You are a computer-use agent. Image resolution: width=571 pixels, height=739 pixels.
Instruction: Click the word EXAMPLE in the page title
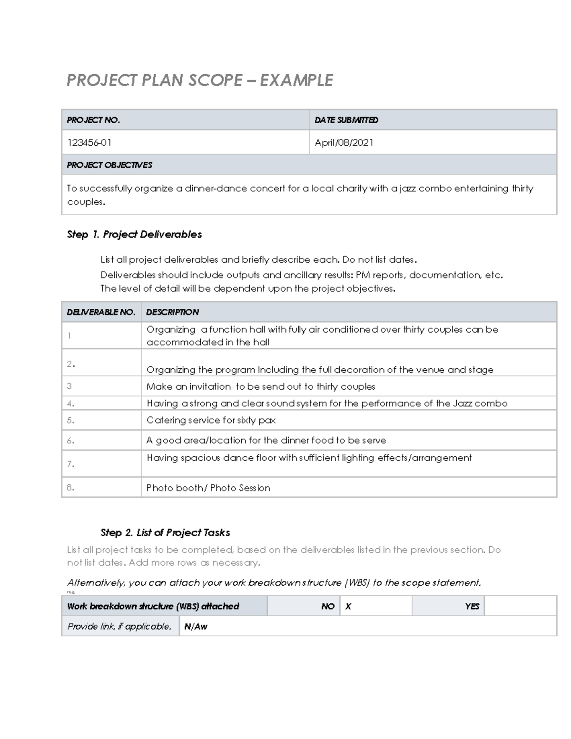[x=296, y=80]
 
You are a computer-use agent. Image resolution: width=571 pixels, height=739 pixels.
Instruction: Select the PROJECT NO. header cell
[x=93, y=120]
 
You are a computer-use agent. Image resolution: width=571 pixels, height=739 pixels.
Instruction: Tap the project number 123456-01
[x=89, y=143]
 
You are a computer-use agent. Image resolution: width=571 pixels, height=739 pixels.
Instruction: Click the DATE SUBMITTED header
[x=346, y=120]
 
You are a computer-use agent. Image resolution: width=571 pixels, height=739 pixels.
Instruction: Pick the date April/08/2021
[x=344, y=143]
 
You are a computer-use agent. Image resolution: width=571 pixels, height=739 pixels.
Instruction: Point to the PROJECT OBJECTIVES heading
[x=109, y=165]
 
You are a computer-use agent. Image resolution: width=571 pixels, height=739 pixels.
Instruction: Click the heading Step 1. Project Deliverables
[x=134, y=235]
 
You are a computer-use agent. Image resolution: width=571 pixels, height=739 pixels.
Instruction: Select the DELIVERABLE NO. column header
[x=101, y=312]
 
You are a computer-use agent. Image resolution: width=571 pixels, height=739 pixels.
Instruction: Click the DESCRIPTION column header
[x=172, y=312]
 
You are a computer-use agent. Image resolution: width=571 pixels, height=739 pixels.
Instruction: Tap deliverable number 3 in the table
[x=69, y=386]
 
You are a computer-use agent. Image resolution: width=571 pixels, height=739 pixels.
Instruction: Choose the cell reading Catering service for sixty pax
[x=211, y=420]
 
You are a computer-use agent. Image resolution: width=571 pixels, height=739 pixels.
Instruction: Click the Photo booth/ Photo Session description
[x=208, y=488]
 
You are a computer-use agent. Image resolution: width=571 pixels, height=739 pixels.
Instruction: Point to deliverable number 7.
[x=70, y=464]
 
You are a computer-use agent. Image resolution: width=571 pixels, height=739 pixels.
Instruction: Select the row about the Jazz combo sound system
[x=326, y=404]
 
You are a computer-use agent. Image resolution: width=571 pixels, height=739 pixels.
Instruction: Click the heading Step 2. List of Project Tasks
[x=165, y=532]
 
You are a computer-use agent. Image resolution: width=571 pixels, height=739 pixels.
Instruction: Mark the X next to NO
[x=348, y=607]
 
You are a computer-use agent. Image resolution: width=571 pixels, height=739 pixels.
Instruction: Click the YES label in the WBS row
[x=472, y=607]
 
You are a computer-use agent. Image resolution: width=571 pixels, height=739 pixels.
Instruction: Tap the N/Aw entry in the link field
[x=196, y=627]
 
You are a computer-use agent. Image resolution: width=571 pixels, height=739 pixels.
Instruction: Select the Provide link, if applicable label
[x=119, y=627]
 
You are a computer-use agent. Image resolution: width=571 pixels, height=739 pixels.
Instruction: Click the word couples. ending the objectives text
[x=86, y=202]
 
